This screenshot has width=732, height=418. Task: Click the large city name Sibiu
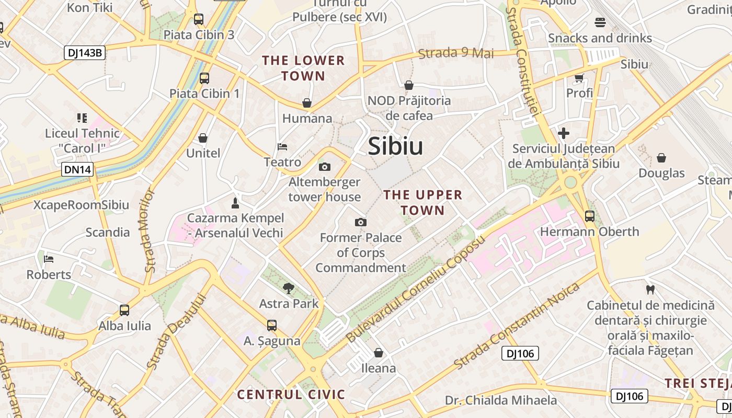click(395, 146)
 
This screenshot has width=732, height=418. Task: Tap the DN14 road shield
click(77, 169)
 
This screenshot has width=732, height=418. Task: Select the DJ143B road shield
click(85, 53)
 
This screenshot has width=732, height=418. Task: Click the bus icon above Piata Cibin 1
click(204, 78)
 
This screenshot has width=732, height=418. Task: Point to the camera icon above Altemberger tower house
click(324, 167)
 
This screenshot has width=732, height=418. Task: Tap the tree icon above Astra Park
click(288, 288)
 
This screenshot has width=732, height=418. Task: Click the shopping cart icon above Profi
click(579, 78)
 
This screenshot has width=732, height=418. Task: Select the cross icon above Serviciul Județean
click(563, 133)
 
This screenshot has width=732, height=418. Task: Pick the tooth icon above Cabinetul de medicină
click(650, 289)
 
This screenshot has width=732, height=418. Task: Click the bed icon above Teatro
click(282, 147)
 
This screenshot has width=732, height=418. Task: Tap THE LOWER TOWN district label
click(303, 68)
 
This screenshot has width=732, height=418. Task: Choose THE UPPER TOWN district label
click(422, 203)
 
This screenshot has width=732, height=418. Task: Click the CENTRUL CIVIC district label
click(291, 394)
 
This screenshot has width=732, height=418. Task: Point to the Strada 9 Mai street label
click(456, 53)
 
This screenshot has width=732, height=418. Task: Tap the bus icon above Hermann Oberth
click(589, 216)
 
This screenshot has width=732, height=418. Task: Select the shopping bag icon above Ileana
click(379, 353)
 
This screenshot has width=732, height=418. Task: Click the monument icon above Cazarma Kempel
click(235, 203)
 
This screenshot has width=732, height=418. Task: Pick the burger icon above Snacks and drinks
click(600, 22)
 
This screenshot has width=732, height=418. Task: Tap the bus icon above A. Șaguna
click(271, 326)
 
